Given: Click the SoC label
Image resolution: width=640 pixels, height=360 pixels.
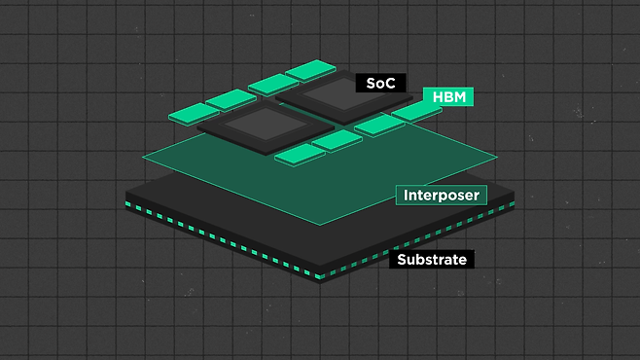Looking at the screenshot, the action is [381, 83].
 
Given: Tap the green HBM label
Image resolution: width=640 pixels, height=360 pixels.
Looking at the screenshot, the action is [448, 97].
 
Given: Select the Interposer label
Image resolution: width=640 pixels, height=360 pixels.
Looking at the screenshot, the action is [442, 196].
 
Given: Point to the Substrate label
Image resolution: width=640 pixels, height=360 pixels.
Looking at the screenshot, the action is [432, 259].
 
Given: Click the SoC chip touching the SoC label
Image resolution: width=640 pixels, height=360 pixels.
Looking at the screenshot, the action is [343, 97].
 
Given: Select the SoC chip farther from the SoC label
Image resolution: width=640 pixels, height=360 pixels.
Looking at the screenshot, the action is [266, 127].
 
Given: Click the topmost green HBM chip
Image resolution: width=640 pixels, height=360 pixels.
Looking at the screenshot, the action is [310, 71].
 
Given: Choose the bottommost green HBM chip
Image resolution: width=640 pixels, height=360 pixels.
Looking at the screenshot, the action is [300, 155].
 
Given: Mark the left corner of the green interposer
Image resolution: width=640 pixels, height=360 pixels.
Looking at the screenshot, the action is [142, 157].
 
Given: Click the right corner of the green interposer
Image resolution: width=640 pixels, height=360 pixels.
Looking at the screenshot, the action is [497, 157].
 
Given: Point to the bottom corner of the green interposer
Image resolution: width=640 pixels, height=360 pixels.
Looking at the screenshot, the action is [320, 226].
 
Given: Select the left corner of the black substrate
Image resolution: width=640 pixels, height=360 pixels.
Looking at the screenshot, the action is [125, 192].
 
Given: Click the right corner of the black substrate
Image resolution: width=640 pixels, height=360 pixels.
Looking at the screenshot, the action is [514, 192].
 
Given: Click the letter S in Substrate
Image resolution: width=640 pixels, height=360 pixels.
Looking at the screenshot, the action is [402, 260].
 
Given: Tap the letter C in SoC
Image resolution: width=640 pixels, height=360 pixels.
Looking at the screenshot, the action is [390, 84].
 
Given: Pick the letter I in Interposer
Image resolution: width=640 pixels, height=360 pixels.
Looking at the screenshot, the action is [406, 196].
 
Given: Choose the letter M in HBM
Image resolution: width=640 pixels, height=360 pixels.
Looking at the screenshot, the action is [460, 97].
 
